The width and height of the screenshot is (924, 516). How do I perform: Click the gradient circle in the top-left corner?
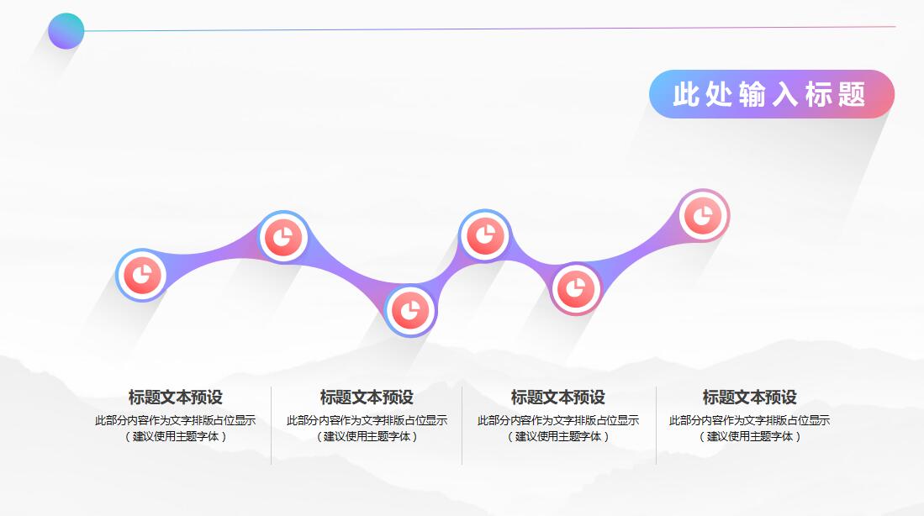tap(66, 31)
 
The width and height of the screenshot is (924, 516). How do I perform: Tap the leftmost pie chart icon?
tap(142, 275)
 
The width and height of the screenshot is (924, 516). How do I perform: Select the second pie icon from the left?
tap(283, 237)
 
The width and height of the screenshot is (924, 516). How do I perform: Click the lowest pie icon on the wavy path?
tap(410, 310)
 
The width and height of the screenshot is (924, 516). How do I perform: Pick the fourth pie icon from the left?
tap(484, 235)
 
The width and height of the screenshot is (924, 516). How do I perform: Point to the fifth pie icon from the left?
tap(576, 289)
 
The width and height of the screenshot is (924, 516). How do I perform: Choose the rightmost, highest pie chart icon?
tap(703, 216)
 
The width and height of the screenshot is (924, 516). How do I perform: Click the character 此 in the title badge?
tap(686, 94)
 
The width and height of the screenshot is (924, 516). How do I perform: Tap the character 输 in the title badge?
tap(752, 94)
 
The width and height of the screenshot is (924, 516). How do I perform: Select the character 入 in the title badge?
tap(785, 94)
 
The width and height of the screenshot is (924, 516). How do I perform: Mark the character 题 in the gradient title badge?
tap(852, 94)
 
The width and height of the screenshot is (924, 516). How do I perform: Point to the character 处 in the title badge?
tap(719, 94)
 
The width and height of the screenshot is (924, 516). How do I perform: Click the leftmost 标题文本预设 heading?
tap(175, 398)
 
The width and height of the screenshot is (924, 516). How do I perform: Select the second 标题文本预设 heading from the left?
tap(367, 398)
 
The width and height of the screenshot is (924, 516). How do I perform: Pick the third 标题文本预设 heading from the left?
tap(557, 398)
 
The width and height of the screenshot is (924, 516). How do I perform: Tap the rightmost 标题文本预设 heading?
tap(749, 398)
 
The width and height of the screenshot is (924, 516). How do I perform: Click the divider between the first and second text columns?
tap(271, 425)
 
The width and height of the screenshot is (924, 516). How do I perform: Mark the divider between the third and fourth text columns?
tap(656, 425)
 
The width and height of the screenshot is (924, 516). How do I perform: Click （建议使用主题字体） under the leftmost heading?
tap(175, 436)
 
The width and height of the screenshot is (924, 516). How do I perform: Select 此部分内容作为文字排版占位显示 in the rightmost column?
tap(749, 420)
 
